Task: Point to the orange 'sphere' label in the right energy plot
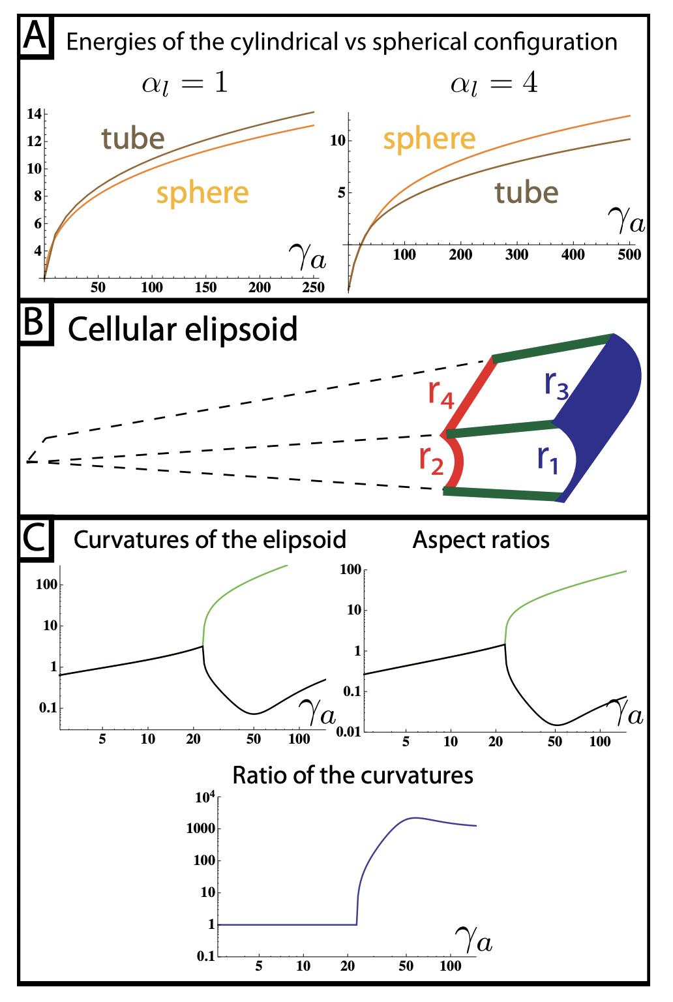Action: (x=429, y=139)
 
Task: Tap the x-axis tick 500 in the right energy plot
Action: (x=629, y=254)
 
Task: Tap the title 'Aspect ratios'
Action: (x=481, y=540)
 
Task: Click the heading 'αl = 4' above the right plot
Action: (x=494, y=85)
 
